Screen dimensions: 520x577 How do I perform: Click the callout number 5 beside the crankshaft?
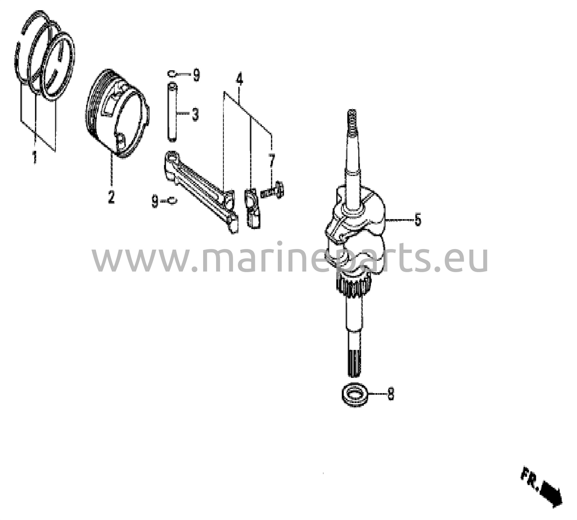pyautogui.click(x=418, y=220)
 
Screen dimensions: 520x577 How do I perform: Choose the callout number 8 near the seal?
pyautogui.click(x=390, y=394)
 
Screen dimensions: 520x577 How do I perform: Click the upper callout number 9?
pyautogui.click(x=196, y=75)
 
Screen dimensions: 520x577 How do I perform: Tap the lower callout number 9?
pyautogui.click(x=155, y=201)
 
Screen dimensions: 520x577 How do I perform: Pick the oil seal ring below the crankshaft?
pyautogui.click(x=355, y=396)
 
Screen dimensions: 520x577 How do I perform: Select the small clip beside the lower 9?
pyautogui.click(x=172, y=201)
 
